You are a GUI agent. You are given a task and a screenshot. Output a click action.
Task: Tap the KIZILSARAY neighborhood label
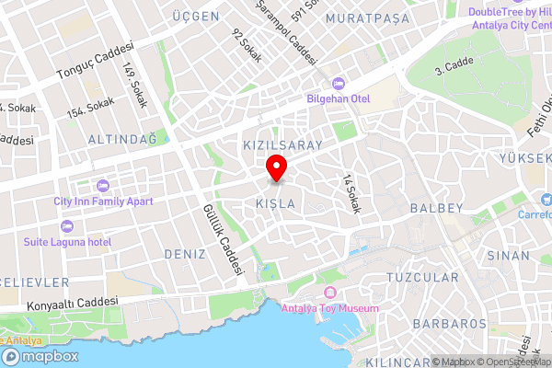point(282,145)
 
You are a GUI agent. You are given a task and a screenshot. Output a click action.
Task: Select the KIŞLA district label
point(275,202)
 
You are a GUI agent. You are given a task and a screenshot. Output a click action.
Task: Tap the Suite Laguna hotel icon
point(65,225)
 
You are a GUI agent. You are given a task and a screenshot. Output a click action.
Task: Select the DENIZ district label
point(184,253)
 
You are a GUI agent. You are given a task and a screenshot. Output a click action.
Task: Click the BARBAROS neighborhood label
point(449,324)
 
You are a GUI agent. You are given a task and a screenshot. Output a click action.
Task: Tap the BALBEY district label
point(436,208)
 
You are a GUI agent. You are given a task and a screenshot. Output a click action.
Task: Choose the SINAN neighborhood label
point(510,254)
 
